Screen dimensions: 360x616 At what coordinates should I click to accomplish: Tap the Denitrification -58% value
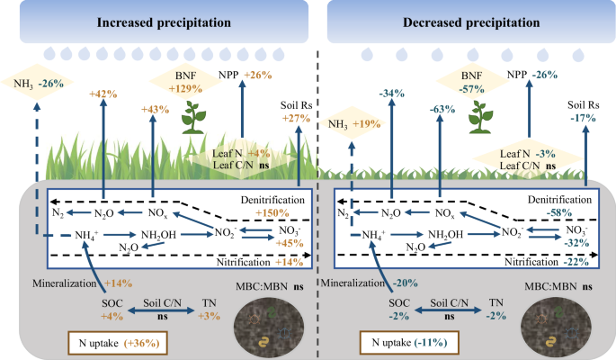click(x=570, y=213)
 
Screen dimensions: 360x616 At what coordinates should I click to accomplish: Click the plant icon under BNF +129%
click(x=192, y=117)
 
